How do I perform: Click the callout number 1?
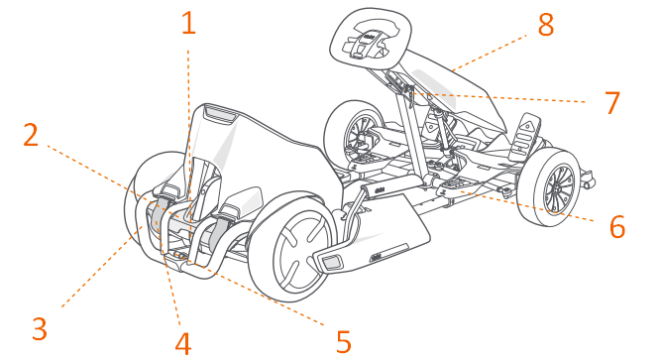pos(188,23)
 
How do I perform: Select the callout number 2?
pos(32,136)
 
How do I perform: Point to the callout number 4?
pos(181,342)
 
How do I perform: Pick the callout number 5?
pos(343,341)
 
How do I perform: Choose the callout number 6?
pos(616,227)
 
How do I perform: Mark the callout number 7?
pos(611,101)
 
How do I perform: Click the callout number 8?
pos(545,26)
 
